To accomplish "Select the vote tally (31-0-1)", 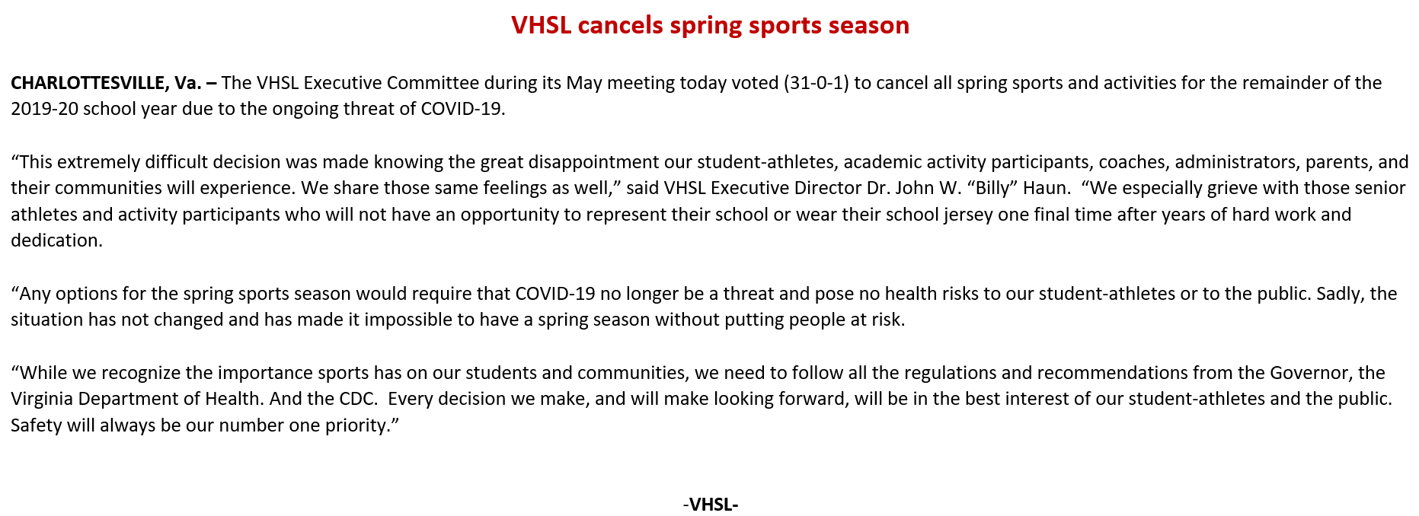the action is click(816, 83).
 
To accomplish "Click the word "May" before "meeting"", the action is click(583, 83).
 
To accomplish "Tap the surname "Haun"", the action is click(1044, 188).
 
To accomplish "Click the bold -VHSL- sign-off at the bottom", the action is click(711, 504).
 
